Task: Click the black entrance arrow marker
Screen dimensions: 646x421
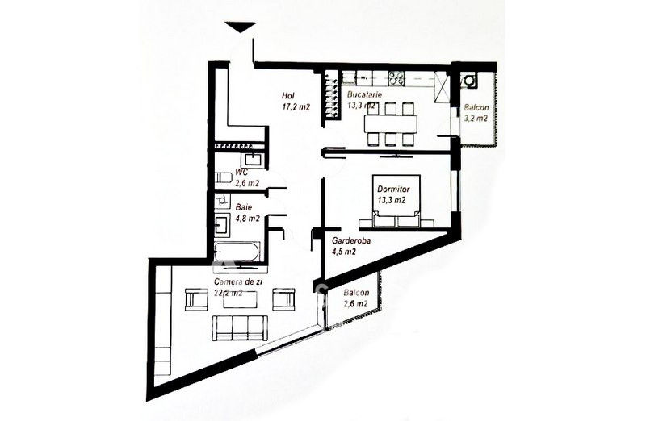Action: [x=240, y=27]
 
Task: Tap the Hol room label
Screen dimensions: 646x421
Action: [x=287, y=96]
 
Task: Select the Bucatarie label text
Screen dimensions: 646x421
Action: [x=365, y=94]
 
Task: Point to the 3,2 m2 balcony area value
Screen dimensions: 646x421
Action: [x=476, y=118]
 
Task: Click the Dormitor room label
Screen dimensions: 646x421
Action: [x=393, y=190]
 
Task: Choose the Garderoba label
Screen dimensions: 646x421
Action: [x=351, y=241]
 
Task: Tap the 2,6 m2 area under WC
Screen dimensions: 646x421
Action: [x=247, y=183]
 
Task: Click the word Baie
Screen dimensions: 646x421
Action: [x=244, y=207]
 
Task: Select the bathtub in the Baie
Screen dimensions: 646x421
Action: [x=237, y=252]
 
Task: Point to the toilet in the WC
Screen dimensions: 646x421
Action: [x=224, y=177]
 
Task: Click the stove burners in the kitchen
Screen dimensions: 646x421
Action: [x=396, y=78]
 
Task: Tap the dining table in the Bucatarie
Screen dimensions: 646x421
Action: [x=391, y=124]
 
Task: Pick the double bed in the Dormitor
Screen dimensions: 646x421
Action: [x=396, y=201]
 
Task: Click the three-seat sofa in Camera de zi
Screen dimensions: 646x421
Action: [x=240, y=328]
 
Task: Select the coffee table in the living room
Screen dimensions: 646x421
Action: [x=241, y=300]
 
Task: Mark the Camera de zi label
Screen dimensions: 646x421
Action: [x=238, y=282]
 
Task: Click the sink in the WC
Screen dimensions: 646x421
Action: [x=251, y=160]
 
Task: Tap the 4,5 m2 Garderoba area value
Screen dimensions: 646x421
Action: [x=344, y=252]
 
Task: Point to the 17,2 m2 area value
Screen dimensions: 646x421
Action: [x=296, y=107]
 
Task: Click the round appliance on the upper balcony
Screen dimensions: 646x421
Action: [x=469, y=81]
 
